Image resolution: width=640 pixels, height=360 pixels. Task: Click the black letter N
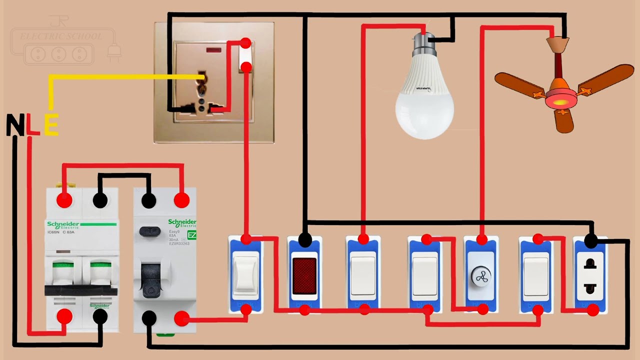click(15, 125)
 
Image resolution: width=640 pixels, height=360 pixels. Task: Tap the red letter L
click(32, 125)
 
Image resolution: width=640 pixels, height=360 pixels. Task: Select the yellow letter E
click(51, 125)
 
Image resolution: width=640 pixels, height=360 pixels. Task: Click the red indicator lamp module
click(304, 275)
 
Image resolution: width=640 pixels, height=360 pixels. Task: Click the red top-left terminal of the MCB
click(64, 200)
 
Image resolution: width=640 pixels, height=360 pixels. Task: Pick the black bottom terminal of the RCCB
click(148, 317)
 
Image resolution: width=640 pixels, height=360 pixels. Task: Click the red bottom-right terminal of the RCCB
click(181, 318)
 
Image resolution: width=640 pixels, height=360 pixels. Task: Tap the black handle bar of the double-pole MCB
click(81, 290)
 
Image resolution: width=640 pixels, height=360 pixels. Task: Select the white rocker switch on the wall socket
click(245, 54)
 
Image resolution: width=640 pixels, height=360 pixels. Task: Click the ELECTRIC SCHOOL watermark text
click(60, 36)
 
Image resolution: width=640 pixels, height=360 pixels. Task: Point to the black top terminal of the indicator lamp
click(305, 240)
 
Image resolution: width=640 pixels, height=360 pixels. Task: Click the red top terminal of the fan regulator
click(482, 240)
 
